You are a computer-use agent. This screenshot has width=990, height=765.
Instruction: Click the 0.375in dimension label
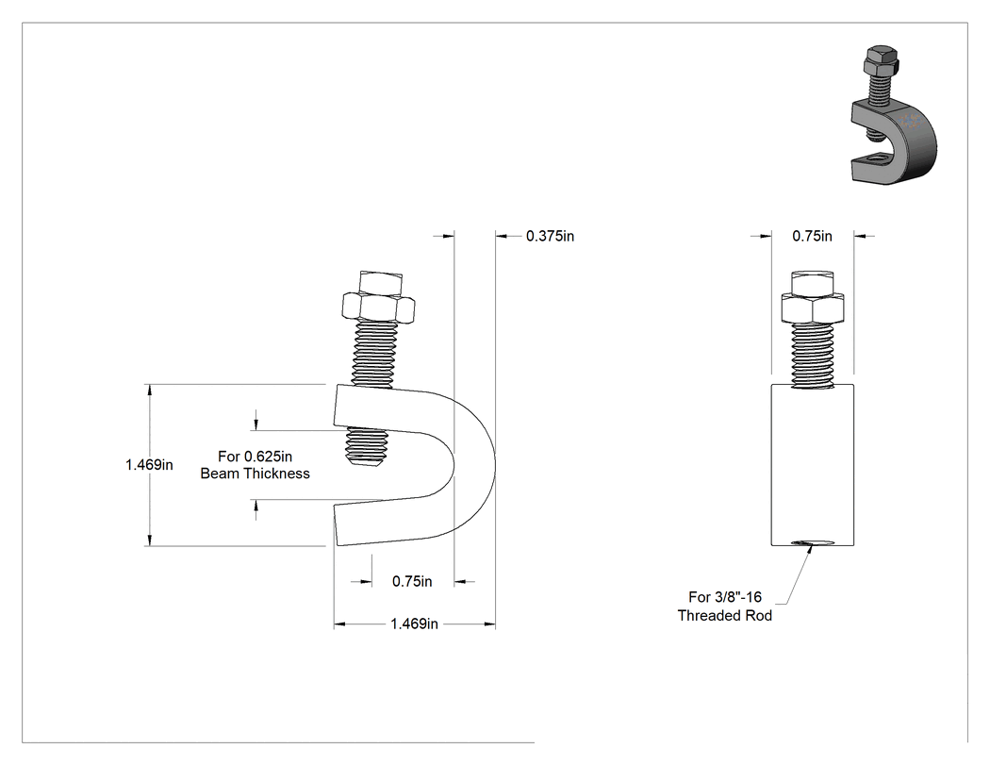[550, 236]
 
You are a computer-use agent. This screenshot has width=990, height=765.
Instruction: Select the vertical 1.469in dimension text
[149, 465]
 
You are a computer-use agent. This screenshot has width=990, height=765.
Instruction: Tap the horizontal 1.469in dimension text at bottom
[414, 624]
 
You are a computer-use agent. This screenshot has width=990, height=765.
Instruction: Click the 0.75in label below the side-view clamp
[412, 581]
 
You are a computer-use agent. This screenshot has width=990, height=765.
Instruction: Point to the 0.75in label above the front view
[812, 236]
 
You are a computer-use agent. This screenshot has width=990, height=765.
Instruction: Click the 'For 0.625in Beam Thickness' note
[256, 465]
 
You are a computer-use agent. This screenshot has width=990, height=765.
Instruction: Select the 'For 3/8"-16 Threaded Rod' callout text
[725, 607]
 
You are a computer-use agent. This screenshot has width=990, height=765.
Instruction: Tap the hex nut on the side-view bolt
[378, 307]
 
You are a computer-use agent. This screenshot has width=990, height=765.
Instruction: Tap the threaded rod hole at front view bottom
[812, 542]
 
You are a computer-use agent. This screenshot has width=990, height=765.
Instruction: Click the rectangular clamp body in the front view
[813, 465]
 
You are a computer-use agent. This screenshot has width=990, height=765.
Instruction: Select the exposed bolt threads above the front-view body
[812, 356]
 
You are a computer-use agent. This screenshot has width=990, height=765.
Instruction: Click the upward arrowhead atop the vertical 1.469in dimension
[150, 391]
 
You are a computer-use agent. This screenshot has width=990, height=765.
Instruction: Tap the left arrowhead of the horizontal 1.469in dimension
[339, 624]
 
